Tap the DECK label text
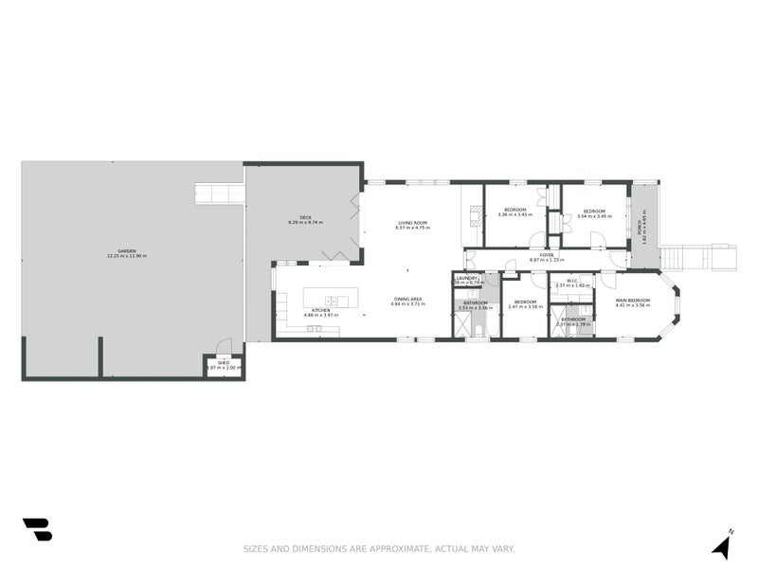tap(306, 217)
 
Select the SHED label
tap(224, 362)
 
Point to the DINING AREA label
tap(408, 299)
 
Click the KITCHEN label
tap(320, 309)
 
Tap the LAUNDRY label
tap(468, 277)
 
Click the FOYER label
tap(547, 254)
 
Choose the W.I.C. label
tap(572, 280)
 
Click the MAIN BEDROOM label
tap(632, 300)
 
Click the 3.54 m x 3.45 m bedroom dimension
tap(594, 216)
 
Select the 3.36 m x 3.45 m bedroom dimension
tap(515, 215)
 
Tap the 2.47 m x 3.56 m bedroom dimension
tap(525, 307)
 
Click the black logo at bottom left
tap(37, 529)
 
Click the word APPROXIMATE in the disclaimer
tap(398, 548)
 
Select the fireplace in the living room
tap(472, 214)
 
